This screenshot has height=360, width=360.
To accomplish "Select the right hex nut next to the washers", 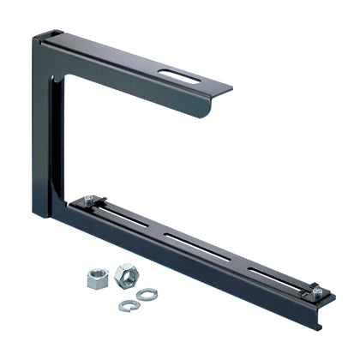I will pos(124,274).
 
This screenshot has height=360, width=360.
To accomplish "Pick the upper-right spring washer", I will pos(147,294).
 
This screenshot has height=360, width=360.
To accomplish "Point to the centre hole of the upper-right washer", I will pos(147,294).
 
